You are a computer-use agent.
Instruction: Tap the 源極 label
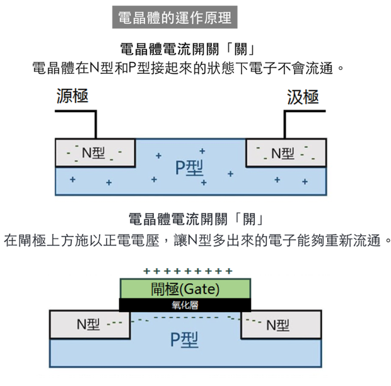pyautogui.click(x=72, y=96)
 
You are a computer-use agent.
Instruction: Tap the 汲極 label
pyautogui.click(x=303, y=96)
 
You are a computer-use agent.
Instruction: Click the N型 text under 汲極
pyautogui.click(x=283, y=153)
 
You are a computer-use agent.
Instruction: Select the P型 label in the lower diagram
pyautogui.click(x=185, y=341)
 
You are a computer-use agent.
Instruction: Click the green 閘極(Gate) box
pyautogui.click(x=185, y=289)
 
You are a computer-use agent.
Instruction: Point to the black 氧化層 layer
pyautogui.click(x=185, y=305)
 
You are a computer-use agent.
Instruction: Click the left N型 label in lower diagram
pyautogui.click(x=88, y=324)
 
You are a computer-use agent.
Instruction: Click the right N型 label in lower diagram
pyautogui.click(x=277, y=325)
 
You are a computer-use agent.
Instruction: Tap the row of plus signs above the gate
pyautogui.click(x=188, y=272)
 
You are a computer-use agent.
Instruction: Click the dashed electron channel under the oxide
pyautogui.click(x=185, y=318)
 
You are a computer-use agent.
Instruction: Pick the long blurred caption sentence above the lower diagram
pyautogui.click(x=192, y=240)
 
